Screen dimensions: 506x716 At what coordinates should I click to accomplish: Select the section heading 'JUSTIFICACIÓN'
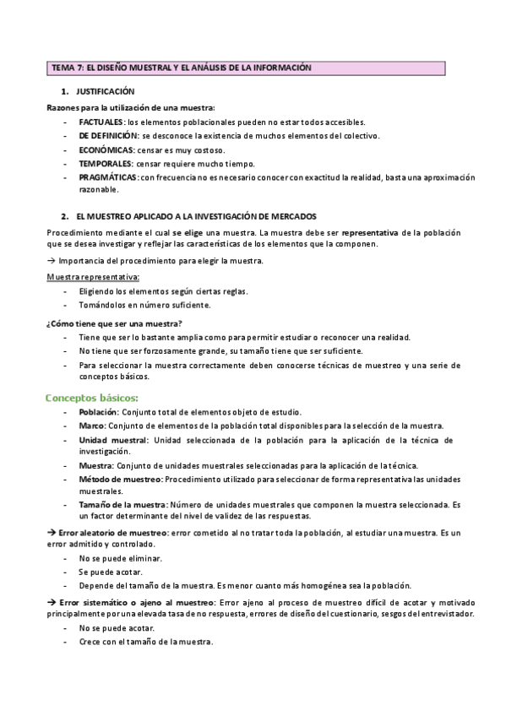(105, 91)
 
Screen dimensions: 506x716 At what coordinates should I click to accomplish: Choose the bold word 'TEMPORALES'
(106, 163)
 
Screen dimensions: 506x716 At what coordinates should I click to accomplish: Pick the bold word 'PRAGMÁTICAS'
(108, 177)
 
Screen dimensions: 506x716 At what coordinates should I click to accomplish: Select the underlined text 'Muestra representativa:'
(93, 276)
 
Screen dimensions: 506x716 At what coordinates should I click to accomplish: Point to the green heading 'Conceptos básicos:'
(91, 397)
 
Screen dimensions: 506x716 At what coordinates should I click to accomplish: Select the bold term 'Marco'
(92, 426)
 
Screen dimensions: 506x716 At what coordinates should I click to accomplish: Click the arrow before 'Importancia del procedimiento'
(51, 261)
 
